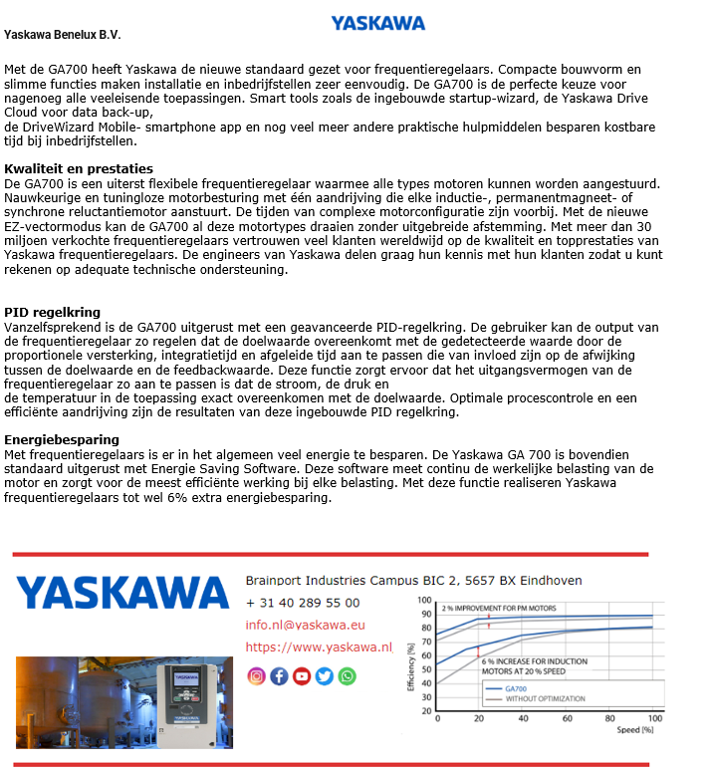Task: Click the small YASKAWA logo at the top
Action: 377,23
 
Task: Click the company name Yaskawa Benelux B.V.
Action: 62,35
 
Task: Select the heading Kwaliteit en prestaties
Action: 79,169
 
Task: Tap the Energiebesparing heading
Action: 62,439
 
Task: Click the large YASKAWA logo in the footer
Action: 122,593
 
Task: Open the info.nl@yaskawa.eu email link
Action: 305,626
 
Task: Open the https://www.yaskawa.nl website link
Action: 319,647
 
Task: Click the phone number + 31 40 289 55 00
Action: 303,603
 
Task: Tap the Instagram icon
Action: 256,676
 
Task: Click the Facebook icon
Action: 279,676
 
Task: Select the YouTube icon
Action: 302,676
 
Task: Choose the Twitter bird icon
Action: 324,676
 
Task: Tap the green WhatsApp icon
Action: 347,676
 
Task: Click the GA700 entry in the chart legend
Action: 517,689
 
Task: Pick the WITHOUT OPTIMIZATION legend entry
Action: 545,699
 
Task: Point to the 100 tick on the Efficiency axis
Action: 425,601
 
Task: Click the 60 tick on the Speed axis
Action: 568,718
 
